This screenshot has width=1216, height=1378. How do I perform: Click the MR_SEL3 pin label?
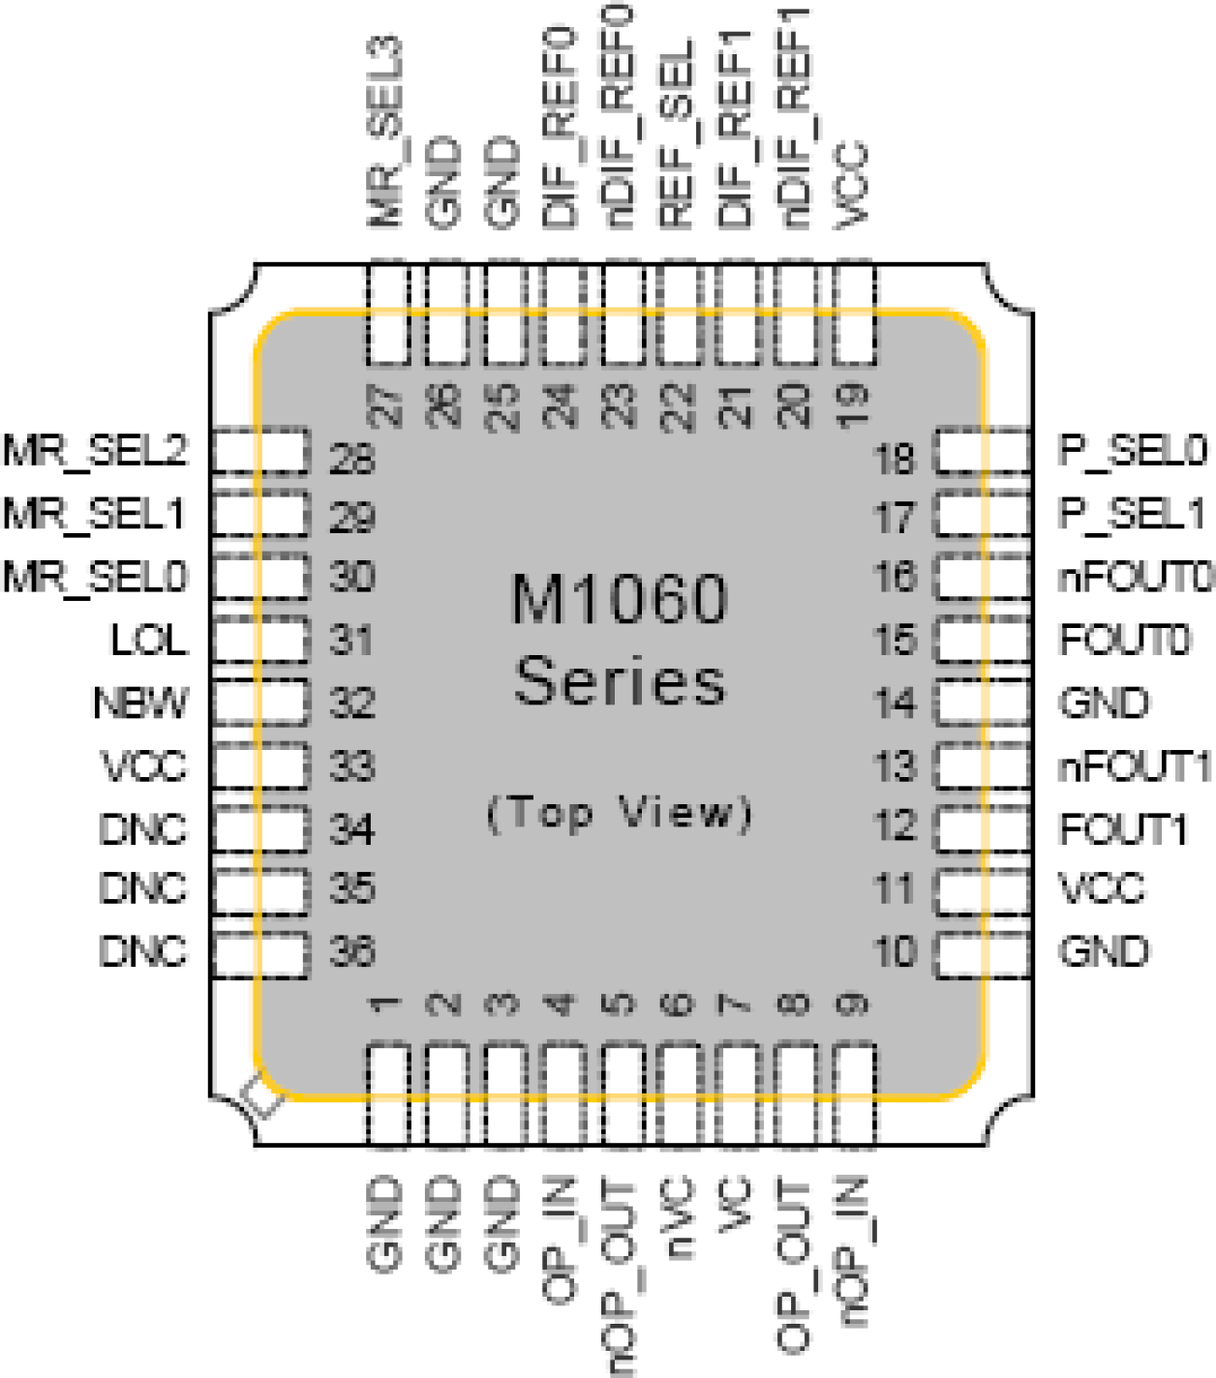(x=385, y=133)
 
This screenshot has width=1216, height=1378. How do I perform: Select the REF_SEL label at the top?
(x=677, y=135)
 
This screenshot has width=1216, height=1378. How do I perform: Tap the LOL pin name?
(x=148, y=640)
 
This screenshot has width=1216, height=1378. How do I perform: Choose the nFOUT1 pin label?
(x=1134, y=766)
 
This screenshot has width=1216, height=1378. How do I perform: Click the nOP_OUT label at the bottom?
(x=620, y=1276)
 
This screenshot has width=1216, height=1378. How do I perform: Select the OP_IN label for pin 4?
(x=561, y=1239)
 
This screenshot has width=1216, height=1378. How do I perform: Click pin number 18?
(x=895, y=458)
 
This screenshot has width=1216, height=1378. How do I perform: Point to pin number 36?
(x=351, y=951)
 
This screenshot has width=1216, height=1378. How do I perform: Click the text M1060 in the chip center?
(x=619, y=599)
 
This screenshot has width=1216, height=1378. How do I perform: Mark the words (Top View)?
(x=620, y=813)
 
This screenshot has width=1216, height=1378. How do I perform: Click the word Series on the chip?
(x=620, y=680)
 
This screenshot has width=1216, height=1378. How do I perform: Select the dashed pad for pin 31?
(x=260, y=640)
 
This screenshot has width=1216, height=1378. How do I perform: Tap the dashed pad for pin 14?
(x=981, y=703)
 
